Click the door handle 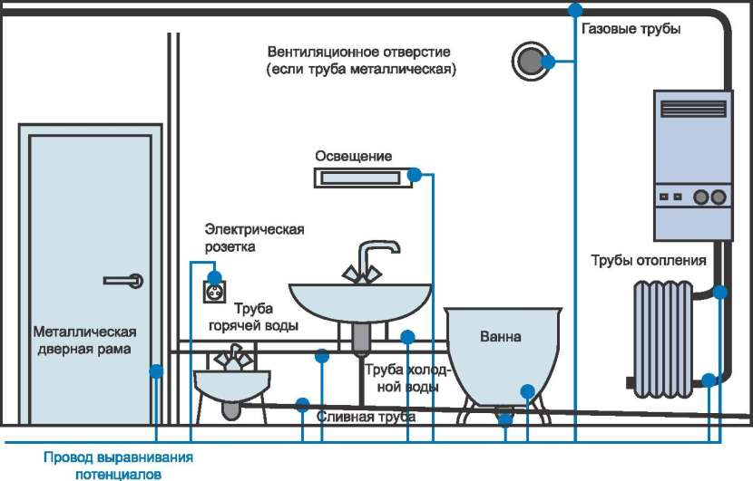click(123, 281)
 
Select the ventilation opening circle click(530, 62)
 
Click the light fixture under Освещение click(362, 178)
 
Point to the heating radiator click(662, 341)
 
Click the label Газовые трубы click(631, 29)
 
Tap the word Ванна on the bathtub click(501, 336)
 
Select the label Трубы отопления click(649, 261)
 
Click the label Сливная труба click(366, 417)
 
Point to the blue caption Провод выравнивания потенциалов click(118, 466)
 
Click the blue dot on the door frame click(156, 371)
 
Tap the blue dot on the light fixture click(415, 176)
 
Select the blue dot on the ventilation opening click(548, 62)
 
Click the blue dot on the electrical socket click(215, 277)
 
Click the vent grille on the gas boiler click(693, 109)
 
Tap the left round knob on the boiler click(700, 197)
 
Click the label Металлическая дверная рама click(84, 340)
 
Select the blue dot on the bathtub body click(527, 391)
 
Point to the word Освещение click(354, 157)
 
